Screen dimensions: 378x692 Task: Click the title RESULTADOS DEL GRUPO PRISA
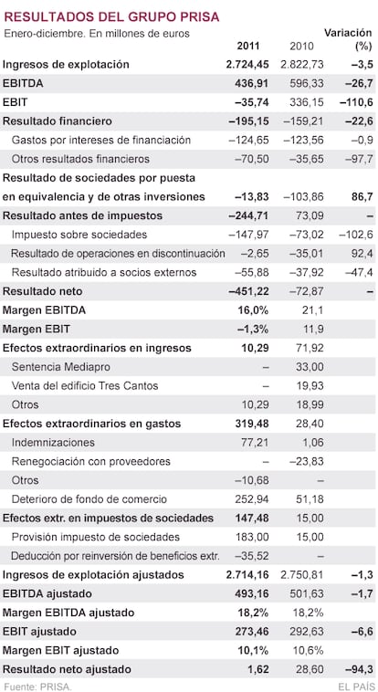[x=111, y=16]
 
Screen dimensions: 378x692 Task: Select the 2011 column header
[x=248, y=46]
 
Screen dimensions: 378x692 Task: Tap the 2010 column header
[x=301, y=46]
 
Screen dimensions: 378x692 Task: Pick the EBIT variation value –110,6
[x=356, y=102]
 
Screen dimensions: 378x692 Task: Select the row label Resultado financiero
[x=58, y=121]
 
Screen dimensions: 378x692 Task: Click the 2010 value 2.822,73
[x=302, y=65]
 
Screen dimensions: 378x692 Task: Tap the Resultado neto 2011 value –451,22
[x=248, y=291]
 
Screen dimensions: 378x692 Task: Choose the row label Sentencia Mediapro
[x=61, y=367]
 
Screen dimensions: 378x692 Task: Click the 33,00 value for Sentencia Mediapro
[x=310, y=367]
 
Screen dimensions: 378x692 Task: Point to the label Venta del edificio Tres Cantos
[x=85, y=386]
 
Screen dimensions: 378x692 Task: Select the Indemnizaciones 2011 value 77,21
[x=255, y=442]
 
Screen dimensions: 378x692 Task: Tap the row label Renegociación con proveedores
[x=91, y=461]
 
